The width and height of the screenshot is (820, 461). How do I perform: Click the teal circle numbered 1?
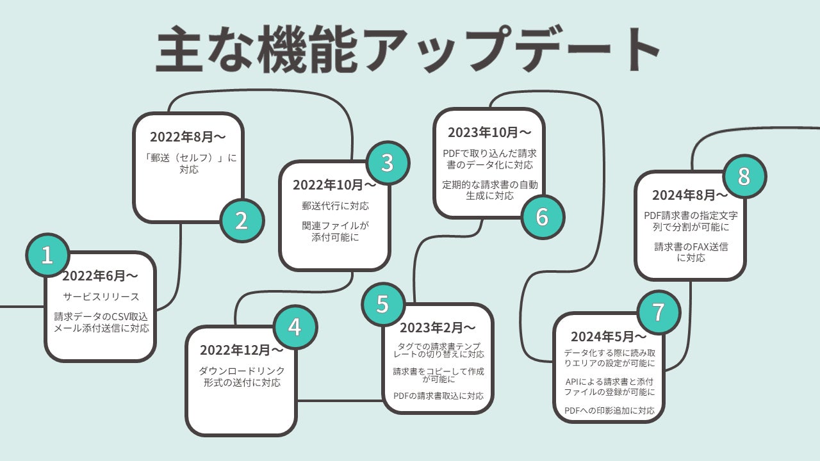[47, 255]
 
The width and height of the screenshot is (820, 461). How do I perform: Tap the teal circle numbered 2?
[242, 220]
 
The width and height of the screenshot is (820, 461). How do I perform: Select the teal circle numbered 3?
[387, 163]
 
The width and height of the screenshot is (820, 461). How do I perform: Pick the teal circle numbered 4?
[295, 327]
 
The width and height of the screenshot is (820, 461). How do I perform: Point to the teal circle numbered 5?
[382, 303]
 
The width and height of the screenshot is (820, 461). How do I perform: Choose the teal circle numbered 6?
[542, 217]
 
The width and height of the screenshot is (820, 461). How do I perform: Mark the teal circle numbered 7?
[659, 311]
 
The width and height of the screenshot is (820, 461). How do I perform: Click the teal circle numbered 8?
[744, 176]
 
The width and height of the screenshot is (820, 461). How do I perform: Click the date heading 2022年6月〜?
[100, 276]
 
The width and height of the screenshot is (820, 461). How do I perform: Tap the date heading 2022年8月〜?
[188, 136]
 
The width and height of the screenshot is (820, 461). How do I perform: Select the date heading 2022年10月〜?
[335, 185]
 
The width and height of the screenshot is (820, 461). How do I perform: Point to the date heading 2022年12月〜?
[242, 350]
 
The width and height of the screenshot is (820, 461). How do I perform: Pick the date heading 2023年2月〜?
[438, 328]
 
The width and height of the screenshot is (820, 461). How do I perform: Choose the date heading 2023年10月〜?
[489, 133]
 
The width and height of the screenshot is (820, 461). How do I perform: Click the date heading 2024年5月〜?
[609, 337]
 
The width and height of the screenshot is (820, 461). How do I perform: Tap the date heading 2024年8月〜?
[690, 195]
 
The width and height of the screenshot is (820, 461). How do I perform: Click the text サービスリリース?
[101, 297]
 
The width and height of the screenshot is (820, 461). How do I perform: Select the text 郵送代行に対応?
[335, 206]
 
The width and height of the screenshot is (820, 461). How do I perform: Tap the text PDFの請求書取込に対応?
[438, 396]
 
